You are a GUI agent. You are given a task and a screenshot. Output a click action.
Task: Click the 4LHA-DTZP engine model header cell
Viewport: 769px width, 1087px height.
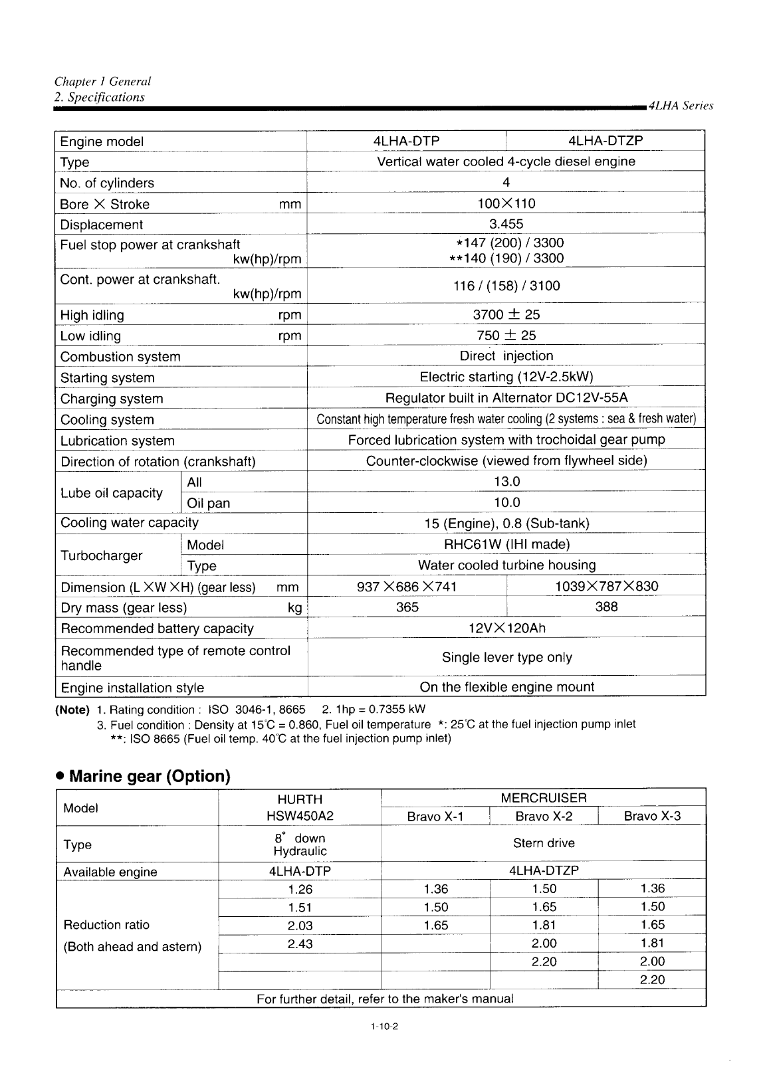click(605, 141)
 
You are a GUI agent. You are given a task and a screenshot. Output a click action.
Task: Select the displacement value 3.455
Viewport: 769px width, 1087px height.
click(506, 224)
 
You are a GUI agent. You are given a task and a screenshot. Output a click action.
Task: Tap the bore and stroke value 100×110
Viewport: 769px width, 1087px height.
click(506, 203)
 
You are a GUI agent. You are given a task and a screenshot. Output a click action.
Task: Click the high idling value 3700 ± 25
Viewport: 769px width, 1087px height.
click(506, 314)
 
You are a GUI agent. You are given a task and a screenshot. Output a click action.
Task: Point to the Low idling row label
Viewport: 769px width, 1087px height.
click(91, 336)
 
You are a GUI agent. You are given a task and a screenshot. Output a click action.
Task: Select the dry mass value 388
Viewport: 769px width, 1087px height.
click(606, 607)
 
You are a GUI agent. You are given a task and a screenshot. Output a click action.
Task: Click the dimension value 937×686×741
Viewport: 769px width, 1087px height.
click(407, 587)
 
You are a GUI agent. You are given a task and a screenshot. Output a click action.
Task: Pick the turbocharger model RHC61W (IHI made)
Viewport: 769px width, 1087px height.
click(506, 545)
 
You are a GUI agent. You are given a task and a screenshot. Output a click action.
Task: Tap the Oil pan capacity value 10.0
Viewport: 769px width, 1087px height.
click(506, 503)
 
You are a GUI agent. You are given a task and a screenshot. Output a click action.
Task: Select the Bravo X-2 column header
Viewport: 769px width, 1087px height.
click(544, 816)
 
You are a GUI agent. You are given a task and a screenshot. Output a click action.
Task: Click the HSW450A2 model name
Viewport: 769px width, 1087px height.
click(299, 816)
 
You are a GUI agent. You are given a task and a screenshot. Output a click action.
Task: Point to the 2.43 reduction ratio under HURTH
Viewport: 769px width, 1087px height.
click(300, 943)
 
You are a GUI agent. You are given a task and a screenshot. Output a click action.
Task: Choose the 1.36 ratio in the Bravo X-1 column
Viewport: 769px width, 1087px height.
click(435, 889)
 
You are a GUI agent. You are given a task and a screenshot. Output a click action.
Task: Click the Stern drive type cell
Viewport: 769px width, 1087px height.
click(544, 843)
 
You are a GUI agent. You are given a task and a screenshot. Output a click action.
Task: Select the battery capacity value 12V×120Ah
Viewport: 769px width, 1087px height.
click(506, 628)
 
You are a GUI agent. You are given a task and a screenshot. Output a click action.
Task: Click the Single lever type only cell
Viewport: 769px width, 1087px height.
click(506, 657)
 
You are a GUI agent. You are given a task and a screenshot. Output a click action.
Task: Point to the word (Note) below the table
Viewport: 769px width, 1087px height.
click(72, 710)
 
